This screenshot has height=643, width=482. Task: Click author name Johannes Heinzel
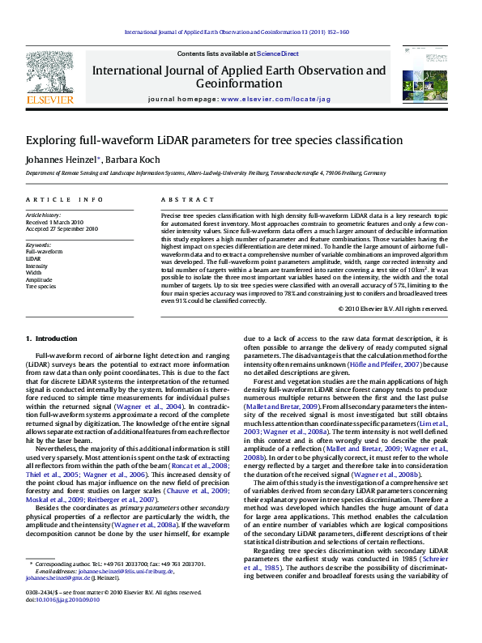tap(58, 160)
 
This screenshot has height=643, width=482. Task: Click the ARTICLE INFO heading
tap(65, 199)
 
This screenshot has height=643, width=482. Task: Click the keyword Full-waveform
tap(45, 252)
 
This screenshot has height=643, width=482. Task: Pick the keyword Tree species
tap(41, 286)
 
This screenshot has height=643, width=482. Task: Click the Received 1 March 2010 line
tap(55, 222)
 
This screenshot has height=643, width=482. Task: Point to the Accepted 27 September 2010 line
tap(62, 229)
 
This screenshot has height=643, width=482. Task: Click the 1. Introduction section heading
tap(51, 338)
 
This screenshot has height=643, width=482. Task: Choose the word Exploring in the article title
tap(49, 140)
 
